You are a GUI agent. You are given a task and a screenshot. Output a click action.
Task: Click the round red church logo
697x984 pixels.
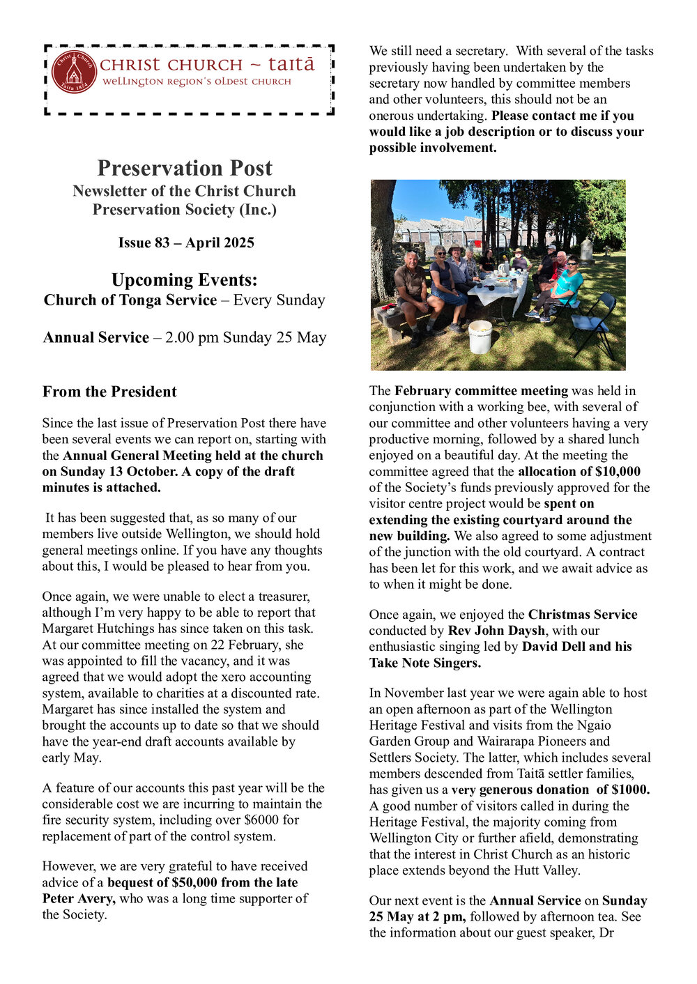tap(74, 71)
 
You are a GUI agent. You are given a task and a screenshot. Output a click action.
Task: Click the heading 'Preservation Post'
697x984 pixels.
tap(185, 168)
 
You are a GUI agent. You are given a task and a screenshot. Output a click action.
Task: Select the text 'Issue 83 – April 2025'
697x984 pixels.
tap(186, 243)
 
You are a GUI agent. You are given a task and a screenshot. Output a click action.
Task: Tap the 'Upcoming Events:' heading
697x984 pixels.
tap(185, 280)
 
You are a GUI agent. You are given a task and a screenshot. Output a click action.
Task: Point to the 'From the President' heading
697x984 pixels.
tap(109, 392)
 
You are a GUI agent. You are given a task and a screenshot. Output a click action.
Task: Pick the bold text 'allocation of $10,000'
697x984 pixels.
tap(579, 471)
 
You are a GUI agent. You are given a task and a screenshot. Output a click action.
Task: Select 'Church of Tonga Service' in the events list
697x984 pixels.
tap(130, 300)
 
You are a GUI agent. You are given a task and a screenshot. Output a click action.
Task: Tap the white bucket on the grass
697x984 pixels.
tap(480, 337)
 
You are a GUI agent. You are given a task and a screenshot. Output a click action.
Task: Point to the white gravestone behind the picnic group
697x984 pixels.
tap(586, 249)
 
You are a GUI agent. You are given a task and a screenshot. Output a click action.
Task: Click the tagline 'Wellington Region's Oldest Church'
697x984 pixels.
tap(197, 82)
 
